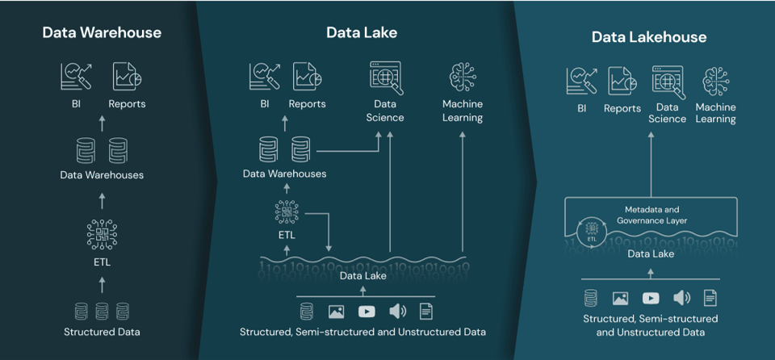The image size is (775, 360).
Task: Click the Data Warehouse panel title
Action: pos(102,33)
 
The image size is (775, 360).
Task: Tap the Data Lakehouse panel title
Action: pos(648,37)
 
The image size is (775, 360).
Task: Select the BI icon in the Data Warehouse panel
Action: pos(76,77)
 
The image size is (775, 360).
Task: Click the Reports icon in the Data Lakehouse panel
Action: pos(622,82)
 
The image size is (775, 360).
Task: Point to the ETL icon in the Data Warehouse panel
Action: pos(102,233)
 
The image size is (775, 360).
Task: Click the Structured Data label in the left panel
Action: pos(102,332)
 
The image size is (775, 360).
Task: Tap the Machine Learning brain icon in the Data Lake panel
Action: pos(463,78)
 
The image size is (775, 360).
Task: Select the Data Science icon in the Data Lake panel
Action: pos(386,77)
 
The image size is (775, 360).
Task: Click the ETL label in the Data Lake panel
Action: pos(286,235)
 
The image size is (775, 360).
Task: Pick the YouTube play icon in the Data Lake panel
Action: pos(366,311)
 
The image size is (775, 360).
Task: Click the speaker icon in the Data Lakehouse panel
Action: pos(681,299)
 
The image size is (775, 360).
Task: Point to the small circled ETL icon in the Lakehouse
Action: pos(592,231)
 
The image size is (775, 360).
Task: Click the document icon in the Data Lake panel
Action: pos(425,311)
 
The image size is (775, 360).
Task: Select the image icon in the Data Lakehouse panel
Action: pos(620,299)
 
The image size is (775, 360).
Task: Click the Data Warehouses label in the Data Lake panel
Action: pos(284,174)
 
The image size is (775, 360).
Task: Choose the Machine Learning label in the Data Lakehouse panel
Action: pos(715,113)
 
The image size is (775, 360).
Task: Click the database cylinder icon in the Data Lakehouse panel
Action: pos(591,299)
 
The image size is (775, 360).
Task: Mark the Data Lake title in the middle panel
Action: pos(362,33)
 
